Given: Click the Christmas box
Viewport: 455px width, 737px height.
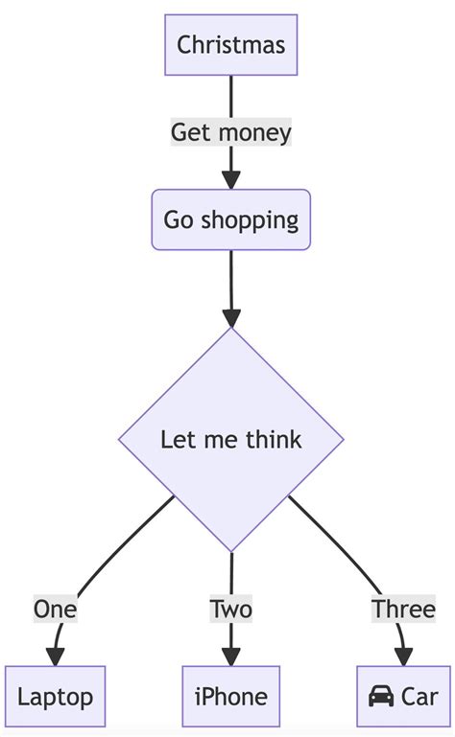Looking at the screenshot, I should [230, 44].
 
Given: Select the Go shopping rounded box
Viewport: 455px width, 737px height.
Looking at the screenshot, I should [230, 219].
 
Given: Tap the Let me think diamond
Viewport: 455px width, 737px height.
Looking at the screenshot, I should [230, 440].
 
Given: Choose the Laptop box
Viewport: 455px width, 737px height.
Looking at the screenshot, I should [55, 696].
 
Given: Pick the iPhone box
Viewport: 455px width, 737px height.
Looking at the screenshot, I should [230, 696].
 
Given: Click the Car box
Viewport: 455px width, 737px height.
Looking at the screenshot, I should [402, 696].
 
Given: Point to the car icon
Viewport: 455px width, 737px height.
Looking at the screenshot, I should [381, 696].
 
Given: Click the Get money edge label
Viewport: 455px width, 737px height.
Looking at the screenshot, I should [230, 131].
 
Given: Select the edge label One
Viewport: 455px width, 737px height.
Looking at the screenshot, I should [55, 609].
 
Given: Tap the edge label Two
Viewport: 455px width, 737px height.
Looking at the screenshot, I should [230, 609].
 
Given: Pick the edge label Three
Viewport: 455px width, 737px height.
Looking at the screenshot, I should [403, 609].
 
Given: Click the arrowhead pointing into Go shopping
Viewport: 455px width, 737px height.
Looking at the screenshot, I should [230, 179].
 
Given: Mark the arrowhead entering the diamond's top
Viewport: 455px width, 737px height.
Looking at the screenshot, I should [230, 318].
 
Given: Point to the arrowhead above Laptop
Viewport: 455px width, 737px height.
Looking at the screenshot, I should [55, 656].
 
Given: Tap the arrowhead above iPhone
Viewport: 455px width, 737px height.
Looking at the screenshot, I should [230, 656].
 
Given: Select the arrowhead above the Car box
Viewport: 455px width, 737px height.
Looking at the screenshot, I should [403, 656].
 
